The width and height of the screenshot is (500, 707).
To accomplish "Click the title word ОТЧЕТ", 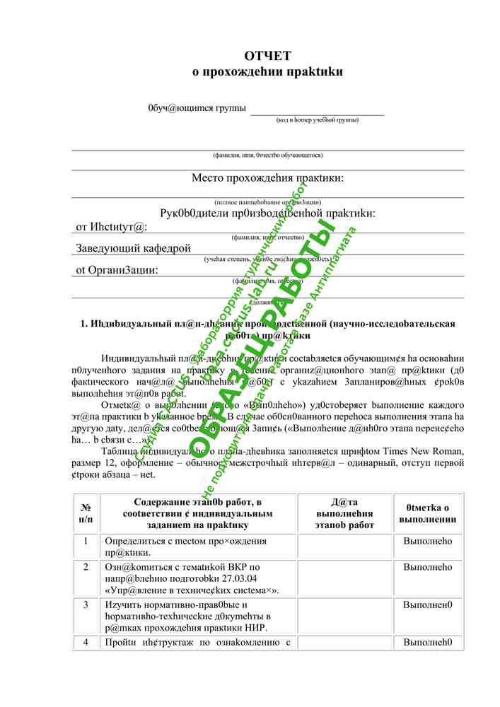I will pos(267,56).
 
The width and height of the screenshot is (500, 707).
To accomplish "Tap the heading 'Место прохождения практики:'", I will pos(267,177).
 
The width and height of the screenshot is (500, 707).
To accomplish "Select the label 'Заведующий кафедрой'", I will pos(134,248).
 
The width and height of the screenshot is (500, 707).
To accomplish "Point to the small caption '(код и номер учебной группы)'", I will pos(317,119).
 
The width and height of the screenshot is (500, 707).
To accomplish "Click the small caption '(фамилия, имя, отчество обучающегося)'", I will pos(267,155).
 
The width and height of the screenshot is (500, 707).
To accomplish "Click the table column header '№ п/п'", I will pos(86,513).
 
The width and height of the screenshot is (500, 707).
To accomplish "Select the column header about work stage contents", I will pos(197,513).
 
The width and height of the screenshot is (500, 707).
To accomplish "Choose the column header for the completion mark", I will pos(428,513).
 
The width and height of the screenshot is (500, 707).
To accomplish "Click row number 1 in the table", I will pos(86,542).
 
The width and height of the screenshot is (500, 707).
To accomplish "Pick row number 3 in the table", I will pos(86,605).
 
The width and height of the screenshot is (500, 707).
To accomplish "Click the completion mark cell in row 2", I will pos(428,567).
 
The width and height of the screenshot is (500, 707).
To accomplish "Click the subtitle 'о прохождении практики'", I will pos(267,71).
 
